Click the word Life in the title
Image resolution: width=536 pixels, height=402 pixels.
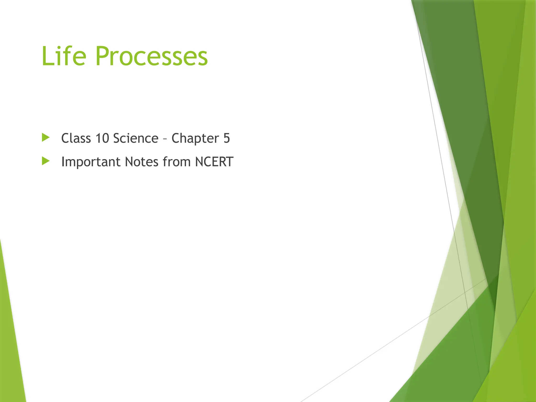(64, 56)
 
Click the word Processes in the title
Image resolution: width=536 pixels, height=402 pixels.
(152, 56)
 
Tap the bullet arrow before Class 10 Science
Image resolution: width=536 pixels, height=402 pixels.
(46, 137)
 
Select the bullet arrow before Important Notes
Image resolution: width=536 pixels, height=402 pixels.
(46, 161)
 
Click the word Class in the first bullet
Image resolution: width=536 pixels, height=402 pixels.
(76, 138)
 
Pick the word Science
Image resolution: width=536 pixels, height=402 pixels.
(136, 138)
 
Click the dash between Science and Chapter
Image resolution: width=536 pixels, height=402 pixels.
(165, 139)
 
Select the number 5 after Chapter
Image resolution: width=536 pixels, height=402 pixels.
(226, 138)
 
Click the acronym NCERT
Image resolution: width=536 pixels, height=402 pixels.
(214, 162)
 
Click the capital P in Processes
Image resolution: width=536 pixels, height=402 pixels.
(103, 56)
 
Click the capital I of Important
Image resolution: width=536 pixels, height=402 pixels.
(63, 162)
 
